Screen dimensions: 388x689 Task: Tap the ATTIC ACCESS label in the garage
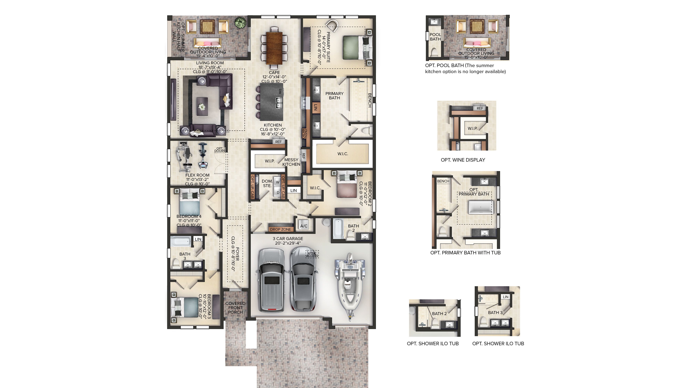312,254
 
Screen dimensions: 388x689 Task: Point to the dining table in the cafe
274,48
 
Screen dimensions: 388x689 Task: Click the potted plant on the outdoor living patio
240,22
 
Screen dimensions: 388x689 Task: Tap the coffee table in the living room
202,106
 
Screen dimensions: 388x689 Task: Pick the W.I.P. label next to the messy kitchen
270,161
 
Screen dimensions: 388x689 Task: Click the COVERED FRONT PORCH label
235,308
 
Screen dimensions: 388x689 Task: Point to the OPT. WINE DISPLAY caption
463,160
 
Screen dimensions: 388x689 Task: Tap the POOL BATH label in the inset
435,37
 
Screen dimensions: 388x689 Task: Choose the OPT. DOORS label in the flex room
220,149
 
